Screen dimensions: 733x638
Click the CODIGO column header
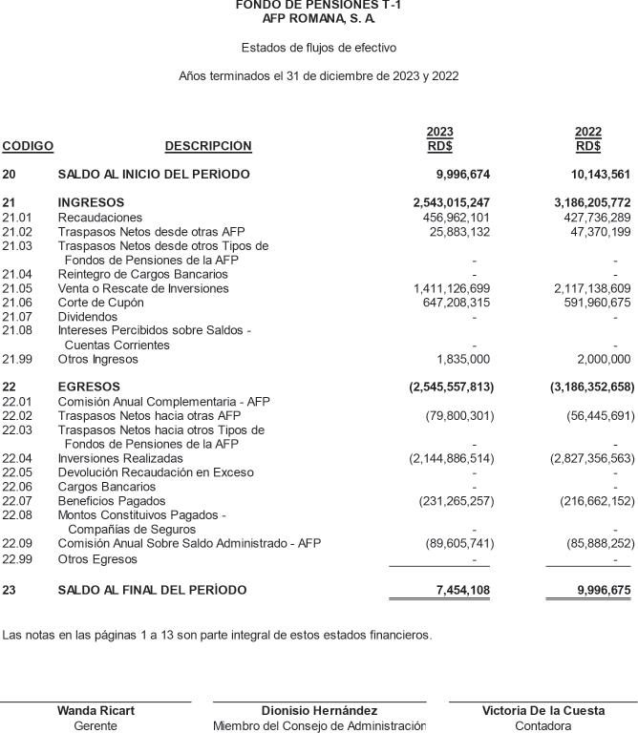[28, 146]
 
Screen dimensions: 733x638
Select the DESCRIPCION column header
[208, 146]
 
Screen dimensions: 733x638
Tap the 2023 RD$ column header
[439, 139]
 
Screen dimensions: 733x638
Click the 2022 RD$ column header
[588, 139]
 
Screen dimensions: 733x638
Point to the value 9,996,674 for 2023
[462, 175]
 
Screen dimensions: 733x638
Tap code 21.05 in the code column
[17, 288]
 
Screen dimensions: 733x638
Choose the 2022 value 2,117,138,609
[592, 288]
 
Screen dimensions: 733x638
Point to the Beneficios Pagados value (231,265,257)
[457, 501]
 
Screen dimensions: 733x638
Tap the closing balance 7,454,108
[462, 591]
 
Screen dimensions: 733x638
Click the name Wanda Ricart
[96, 711]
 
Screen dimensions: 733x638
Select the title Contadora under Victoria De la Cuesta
[542, 726]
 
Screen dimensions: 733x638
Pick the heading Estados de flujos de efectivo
[319, 48]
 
